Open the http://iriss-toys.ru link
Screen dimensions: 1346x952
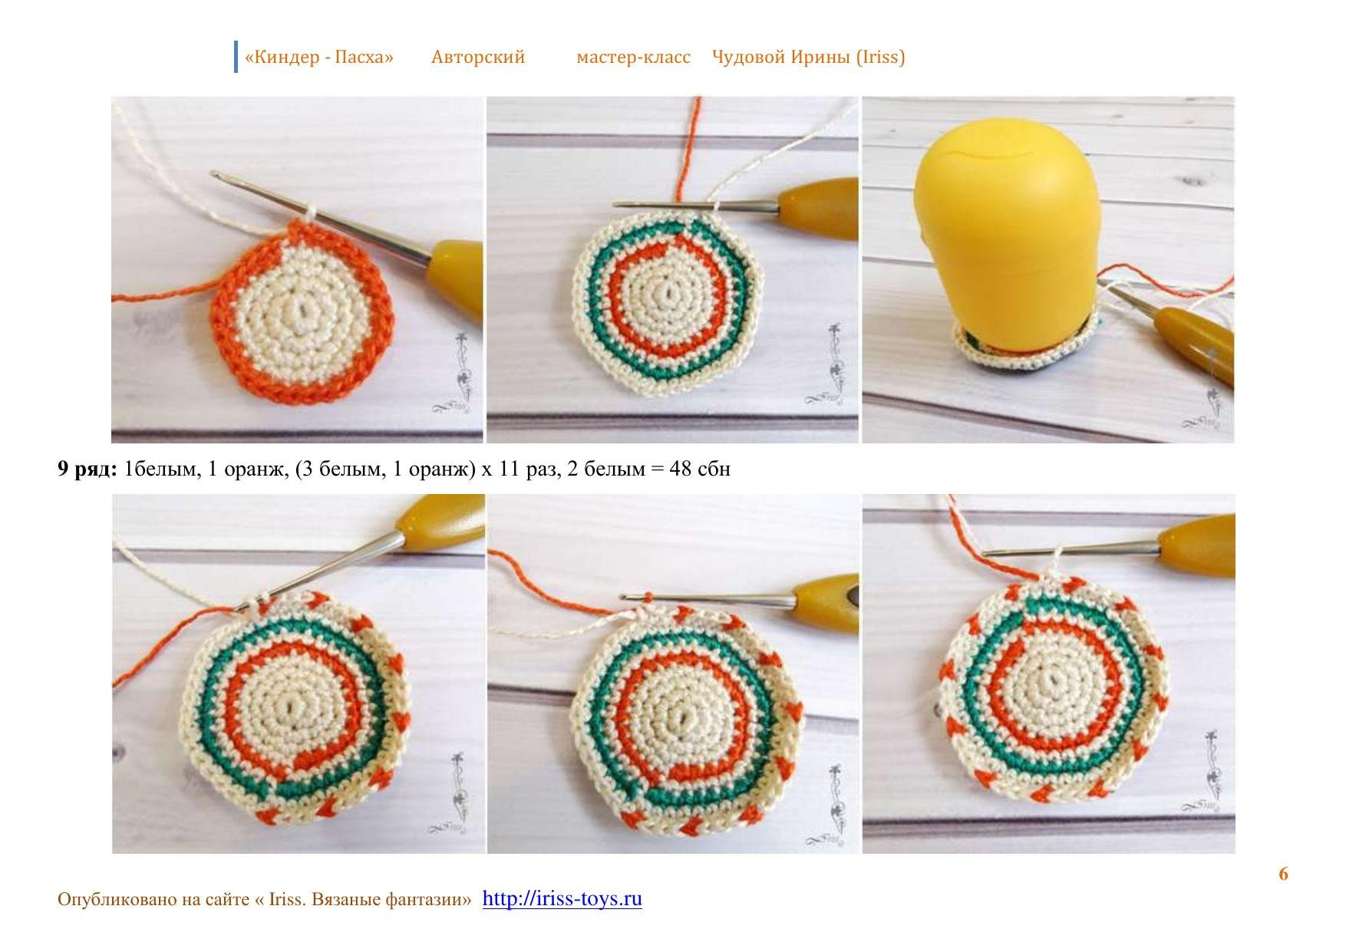coord(562,898)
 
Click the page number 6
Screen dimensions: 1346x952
coord(1283,874)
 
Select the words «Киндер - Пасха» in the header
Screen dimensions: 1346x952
coord(318,57)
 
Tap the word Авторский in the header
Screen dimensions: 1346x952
coord(478,57)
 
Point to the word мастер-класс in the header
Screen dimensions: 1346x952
coord(633,58)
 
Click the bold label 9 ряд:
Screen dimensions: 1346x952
coord(87,469)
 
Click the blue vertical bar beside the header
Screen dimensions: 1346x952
coord(236,57)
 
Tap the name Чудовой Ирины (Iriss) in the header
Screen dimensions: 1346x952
coord(808,58)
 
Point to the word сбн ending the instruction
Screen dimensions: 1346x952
coord(714,469)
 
